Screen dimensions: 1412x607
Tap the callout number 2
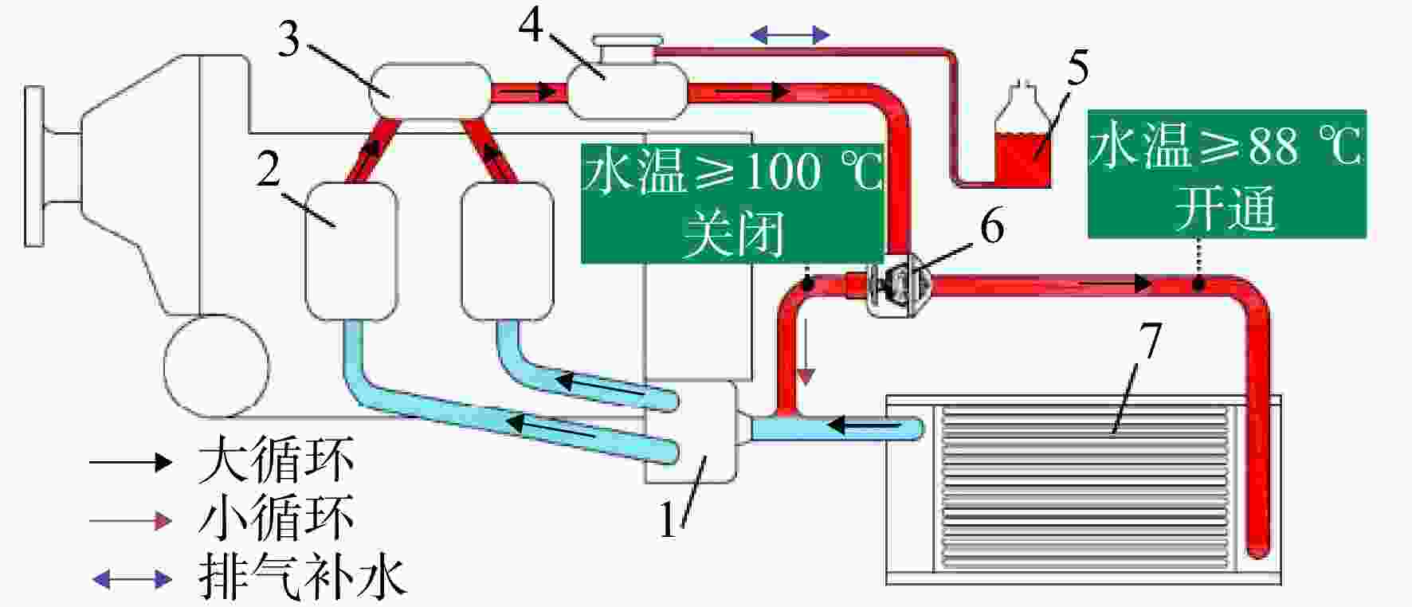tap(269, 168)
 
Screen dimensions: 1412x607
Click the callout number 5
tap(1077, 69)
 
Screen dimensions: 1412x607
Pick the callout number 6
tap(992, 228)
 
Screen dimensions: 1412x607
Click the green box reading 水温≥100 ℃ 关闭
tap(733, 202)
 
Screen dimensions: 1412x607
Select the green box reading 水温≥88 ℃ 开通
tap(1227, 174)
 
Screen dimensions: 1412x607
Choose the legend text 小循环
tap(276, 519)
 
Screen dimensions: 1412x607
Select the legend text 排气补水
tap(303, 577)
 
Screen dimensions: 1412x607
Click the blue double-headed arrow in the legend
tap(131, 579)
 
